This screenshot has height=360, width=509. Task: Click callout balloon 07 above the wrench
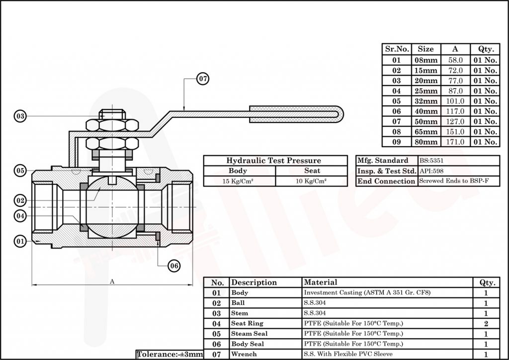click(202, 79)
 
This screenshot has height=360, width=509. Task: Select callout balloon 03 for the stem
click(20, 116)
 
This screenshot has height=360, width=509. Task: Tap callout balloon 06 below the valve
click(173, 266)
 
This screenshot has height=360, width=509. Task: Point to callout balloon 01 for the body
click(20, 242)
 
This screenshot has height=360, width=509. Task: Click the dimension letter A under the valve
click(112, 281)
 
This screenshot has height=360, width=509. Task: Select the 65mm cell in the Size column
click(426, 132)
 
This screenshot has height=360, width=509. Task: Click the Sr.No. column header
click(397, 49)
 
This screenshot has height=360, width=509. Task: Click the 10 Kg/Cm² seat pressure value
click(311, 181)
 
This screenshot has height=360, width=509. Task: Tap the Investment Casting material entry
click(367, 293)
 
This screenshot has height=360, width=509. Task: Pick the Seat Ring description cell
click(247, 323)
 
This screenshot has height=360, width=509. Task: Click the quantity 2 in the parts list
click(486, 324)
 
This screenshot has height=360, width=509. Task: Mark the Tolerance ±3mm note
click(170, 354)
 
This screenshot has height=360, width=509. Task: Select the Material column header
click(320, 282)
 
